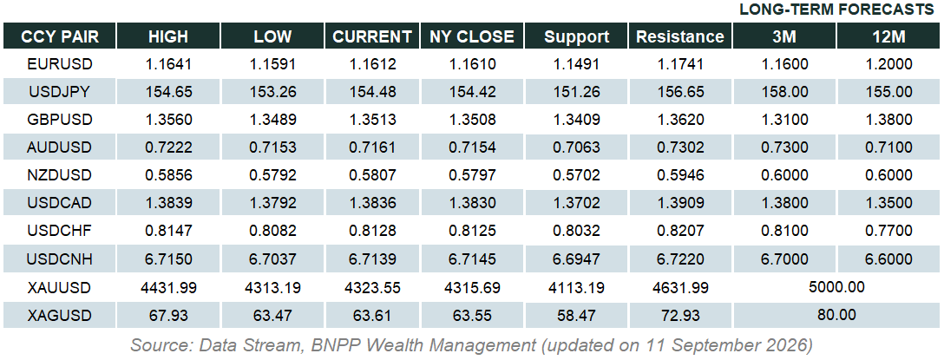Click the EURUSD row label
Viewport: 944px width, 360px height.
(x=60, y=64)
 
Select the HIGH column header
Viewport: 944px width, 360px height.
(x=168, y=36)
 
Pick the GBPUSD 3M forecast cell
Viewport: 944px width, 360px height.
(x=784, y=120)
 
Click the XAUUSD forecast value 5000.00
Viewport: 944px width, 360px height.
(x=836, y=287)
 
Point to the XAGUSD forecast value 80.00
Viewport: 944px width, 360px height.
(x=836, y=315)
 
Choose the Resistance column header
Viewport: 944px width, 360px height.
(x=680, y=36)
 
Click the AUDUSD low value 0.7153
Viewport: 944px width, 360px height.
(x=272, y=147)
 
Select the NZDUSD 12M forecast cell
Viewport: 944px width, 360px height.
(x=888, y=175)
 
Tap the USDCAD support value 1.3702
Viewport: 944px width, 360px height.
(x=577, y=203)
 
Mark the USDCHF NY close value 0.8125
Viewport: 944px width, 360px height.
(x=473, y=231)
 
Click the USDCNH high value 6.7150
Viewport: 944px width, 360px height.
(x=168, y=259)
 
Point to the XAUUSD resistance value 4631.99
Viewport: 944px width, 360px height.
(x=680, y=288)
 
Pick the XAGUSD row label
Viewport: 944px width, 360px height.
(x=60, y=316)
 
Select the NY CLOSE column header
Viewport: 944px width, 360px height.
(x=473, y=36)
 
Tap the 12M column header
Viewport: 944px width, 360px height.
(x=888, y=36)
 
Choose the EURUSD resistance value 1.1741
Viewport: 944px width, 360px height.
(x=680, y=64)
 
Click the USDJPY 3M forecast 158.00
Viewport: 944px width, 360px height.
(x=784, y=92)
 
